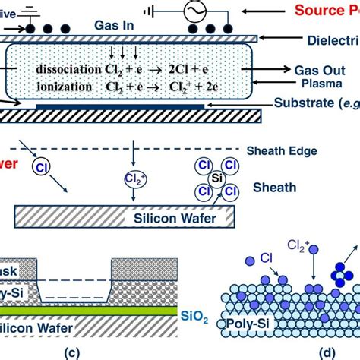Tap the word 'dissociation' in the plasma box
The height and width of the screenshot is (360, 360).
click(x=63, y=68)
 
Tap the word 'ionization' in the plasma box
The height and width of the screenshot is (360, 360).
click(x=58, y=87)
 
